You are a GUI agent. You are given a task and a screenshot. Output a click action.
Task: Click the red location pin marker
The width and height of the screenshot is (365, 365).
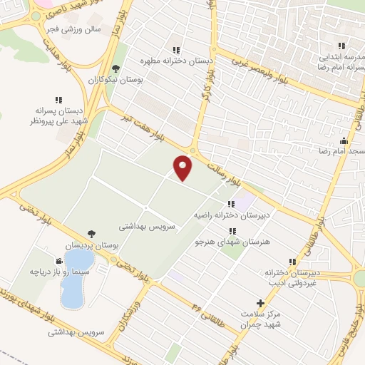pyautogui.click(x=183, y=168)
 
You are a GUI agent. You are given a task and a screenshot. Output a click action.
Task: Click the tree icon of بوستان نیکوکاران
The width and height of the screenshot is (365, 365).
pyautogui.click(x=116, y=69)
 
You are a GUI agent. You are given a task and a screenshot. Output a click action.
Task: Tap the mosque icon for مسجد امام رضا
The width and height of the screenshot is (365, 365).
pyautogui.click(x=344, y=140)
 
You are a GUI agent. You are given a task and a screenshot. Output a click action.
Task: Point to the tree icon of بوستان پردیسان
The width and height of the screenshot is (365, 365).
pyautogui.click(x=91, y=233)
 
